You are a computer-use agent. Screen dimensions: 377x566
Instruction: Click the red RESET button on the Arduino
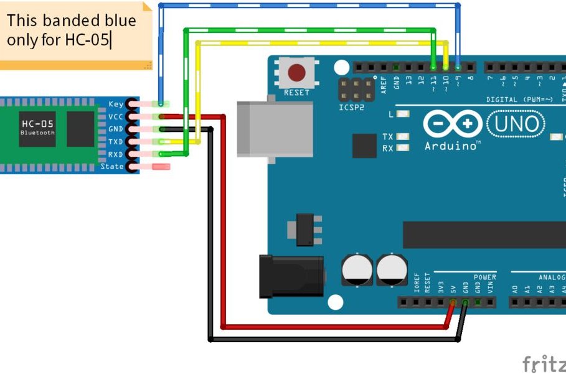point(297,73)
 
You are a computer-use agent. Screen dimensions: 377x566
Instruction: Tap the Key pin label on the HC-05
point(115,104)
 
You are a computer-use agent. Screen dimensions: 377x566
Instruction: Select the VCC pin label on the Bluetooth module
point(115,116)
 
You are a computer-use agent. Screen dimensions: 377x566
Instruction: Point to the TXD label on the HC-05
point(115,142)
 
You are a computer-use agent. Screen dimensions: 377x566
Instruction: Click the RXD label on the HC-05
point(115,154)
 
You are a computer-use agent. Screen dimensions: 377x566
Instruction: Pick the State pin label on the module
point(112,167)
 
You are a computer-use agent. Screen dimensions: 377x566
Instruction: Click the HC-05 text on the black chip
point(37,124)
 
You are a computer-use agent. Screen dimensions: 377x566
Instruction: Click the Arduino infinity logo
point(451,124)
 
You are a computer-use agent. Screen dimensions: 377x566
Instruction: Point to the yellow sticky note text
point(71,30)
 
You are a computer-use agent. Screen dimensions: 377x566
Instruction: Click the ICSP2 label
point(352,107)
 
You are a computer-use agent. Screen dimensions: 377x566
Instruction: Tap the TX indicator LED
point(403,136)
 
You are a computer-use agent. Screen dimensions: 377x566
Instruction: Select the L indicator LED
point(403,114)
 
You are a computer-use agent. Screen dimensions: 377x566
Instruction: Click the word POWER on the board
point(484,277)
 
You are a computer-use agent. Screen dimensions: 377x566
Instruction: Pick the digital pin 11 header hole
point(433,67)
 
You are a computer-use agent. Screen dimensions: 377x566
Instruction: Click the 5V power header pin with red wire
point(453,303)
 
